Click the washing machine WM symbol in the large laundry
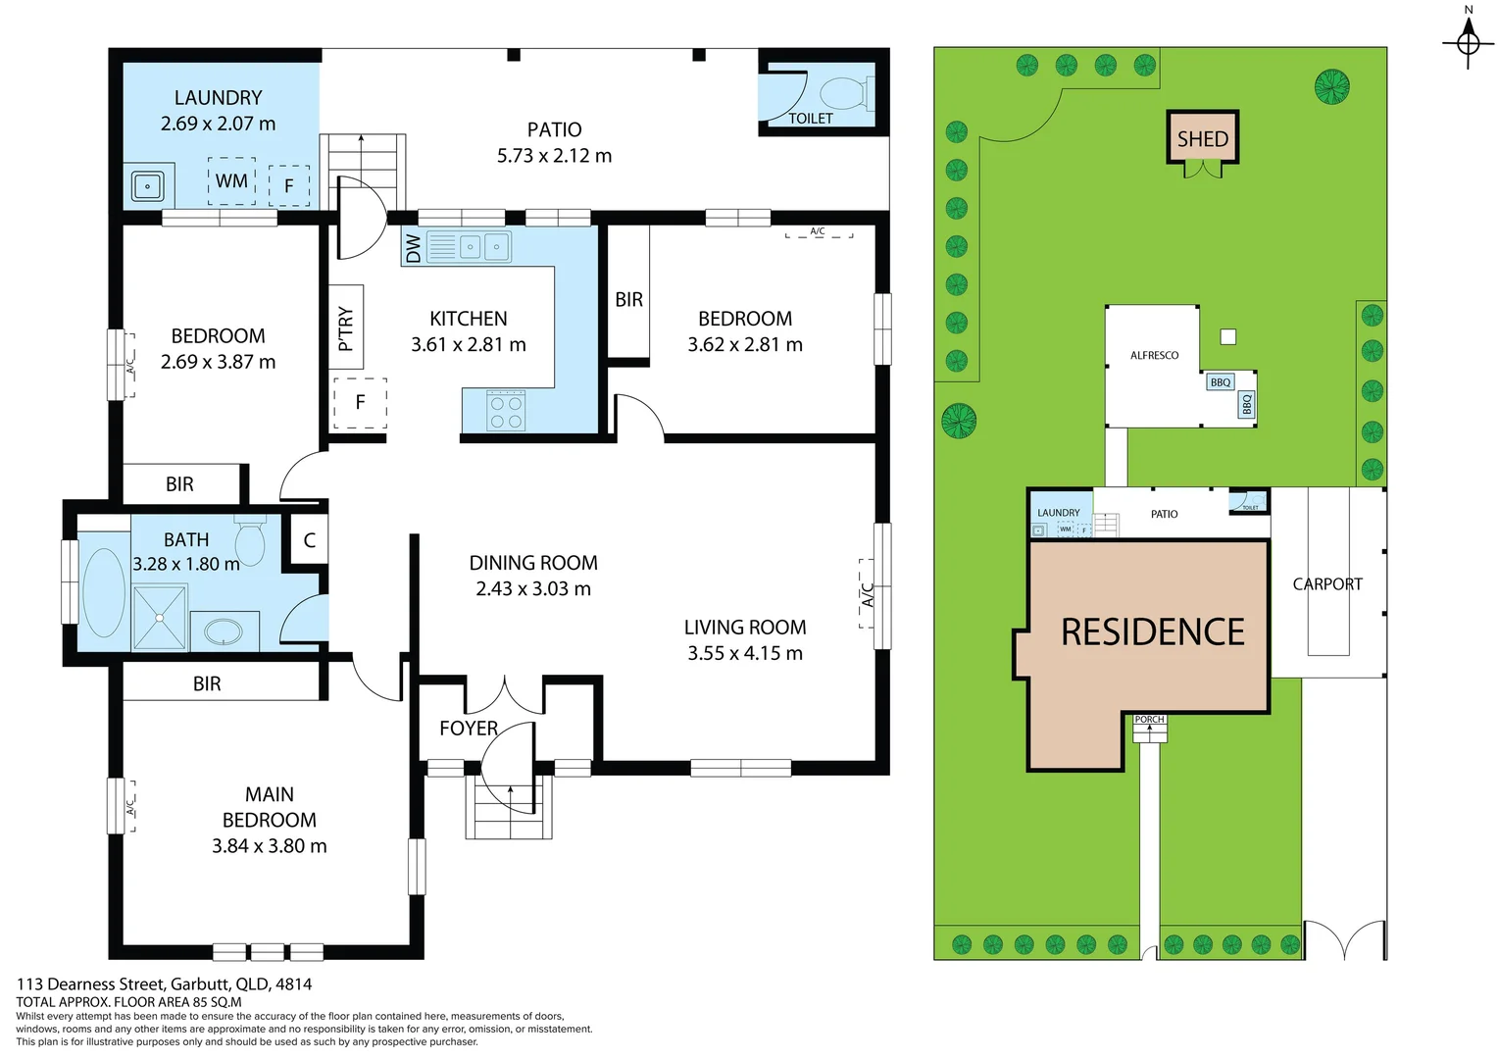(231, 181)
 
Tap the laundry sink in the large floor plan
(148, 185)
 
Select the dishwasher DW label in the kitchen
(413, 248)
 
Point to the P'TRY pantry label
(346, 328)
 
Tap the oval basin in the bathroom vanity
(224, 631)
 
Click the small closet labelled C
(309, 540)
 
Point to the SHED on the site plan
(1203, 139)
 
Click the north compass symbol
(1468, 41)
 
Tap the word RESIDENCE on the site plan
(1153, 632)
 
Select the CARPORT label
(1327, 584)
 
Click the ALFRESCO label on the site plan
(1154, 355)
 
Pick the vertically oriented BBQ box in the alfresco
(1247, 405)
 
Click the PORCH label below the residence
(1149, 720)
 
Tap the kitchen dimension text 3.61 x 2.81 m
(469, 345)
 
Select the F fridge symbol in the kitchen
(360, 402)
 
